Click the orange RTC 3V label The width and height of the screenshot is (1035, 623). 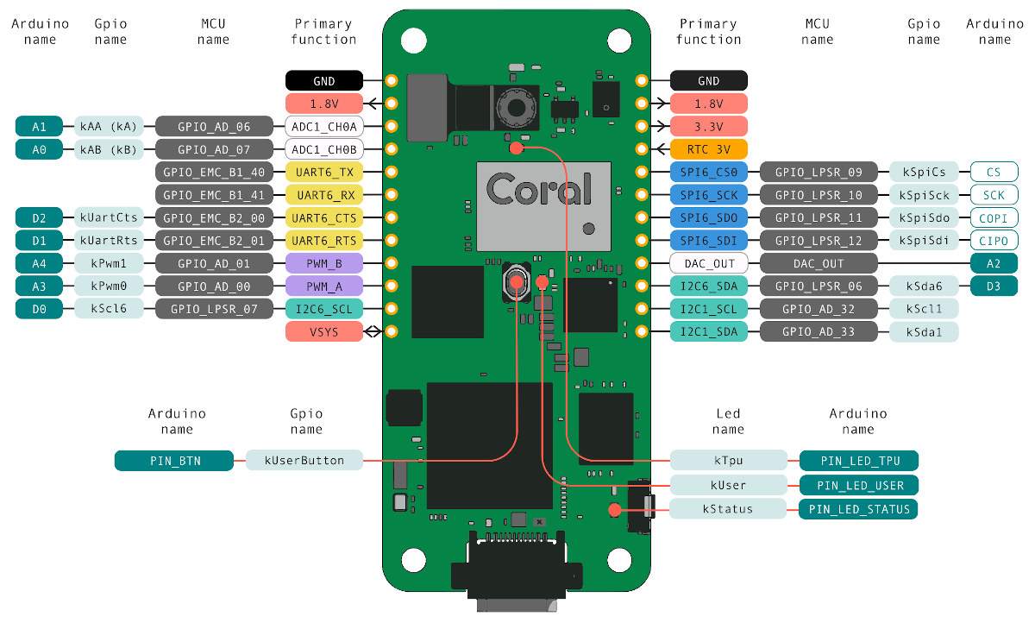(x=708, y=149)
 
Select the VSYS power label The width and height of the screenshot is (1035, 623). (x=324, y=332)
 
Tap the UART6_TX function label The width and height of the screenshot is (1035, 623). (x=324, y=172)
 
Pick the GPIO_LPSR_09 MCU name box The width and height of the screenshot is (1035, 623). (x=819, y=172)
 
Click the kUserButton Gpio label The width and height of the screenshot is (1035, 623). (x=304, y=460)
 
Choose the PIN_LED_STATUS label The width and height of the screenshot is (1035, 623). (x=858, y=509)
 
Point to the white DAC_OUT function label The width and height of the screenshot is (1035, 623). (x=708, y=263)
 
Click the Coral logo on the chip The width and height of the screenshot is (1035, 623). (x=539, y=189)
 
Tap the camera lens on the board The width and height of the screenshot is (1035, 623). (x=516, y=108)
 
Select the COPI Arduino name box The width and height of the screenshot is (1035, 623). (x=994, y=217)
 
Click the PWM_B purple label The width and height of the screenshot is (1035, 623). (x=324, y=263)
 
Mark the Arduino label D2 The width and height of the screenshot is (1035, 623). (x=39, y=217)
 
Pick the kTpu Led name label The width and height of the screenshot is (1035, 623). (x=728, y=460)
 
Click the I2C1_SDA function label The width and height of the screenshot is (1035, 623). (x=708, y=332)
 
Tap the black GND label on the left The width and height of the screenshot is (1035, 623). (x=324, y=81)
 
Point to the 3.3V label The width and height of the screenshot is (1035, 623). (x=708, y=126)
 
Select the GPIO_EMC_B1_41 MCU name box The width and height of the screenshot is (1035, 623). (x=214, y=195)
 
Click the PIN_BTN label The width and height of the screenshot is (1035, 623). (x=174, y=460)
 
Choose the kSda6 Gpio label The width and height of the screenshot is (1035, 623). (x=924, y=286)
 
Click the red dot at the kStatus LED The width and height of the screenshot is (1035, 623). (x=614, y=510)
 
